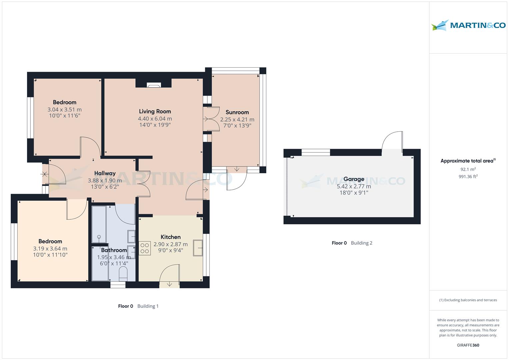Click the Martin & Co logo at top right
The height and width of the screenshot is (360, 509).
click(468, 25)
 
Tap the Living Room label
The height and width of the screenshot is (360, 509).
click(155, 111)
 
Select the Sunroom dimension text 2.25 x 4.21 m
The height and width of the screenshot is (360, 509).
click(237, 119)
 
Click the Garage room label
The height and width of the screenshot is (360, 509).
click(354, 179)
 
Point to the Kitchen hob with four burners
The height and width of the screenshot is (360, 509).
click(145, 248)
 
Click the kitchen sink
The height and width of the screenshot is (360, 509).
click(198, 248)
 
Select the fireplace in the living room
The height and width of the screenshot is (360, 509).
click(154, 85)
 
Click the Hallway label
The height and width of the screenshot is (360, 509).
click(105, 173)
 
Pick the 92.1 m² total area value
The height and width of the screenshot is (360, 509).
click(468, 169)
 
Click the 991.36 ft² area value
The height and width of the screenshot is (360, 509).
click(468, 176)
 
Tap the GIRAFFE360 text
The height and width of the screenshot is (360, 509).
click(468, 345)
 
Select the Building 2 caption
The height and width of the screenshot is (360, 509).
click(362, 243)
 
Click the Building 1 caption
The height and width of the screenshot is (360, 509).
click(148, 306)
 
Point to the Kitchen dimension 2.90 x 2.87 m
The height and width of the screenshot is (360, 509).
click(171, 244)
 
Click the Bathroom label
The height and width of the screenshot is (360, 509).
click(114, 250)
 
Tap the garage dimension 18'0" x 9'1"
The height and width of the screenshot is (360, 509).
click(354, 193)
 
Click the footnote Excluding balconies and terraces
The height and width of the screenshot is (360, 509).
click(468, 300)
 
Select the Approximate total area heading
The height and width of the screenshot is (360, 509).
click(468, 161)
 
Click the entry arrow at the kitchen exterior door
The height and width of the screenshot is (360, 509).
click(169, 284)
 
